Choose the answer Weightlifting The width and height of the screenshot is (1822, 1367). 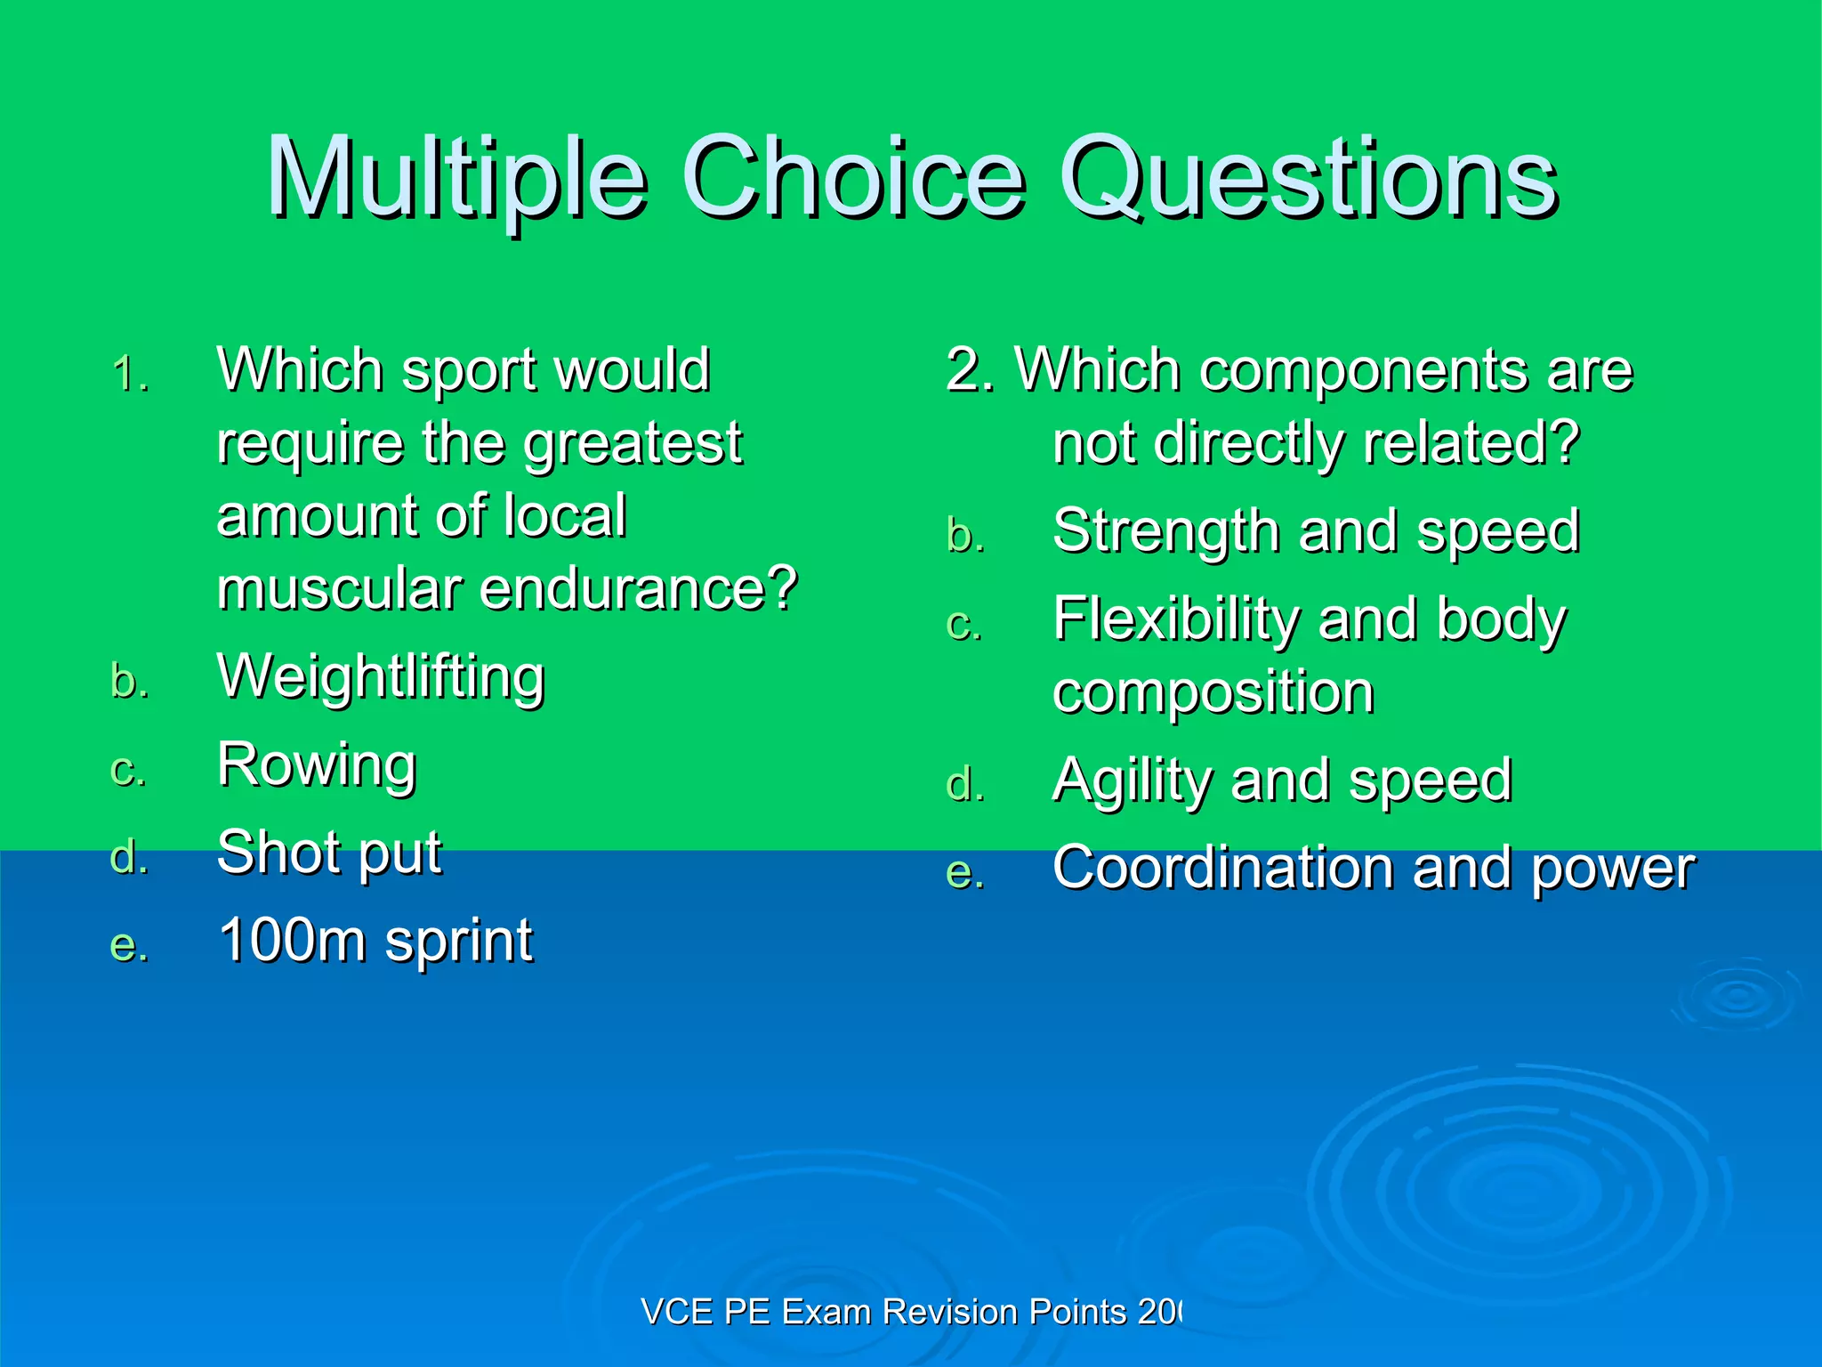click(381, 678)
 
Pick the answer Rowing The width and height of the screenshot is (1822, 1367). click(317, 765)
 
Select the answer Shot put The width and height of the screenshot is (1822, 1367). click(329, 853)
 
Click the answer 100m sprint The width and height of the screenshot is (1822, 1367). click(375, 941)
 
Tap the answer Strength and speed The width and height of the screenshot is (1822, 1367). click(1315, 532)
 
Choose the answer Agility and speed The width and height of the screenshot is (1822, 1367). click(1281, 781)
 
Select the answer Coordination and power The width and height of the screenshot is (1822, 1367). click(1373, 869)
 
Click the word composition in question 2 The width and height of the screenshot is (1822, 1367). click(1213, 692)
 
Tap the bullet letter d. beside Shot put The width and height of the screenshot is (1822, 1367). click(129, 857)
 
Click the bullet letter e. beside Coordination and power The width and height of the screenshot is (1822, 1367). click(965, 873)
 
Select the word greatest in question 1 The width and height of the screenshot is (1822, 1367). click(632, 444)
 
